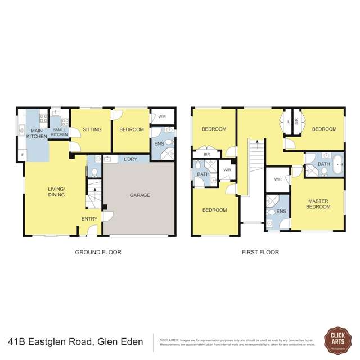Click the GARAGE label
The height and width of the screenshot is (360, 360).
pos(140,195)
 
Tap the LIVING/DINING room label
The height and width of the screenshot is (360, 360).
pos(56,192)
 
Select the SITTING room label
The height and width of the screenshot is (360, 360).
pos(92,129)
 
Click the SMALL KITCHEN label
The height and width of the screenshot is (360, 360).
pos(60,132)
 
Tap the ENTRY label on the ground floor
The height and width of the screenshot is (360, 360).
pos(89,219)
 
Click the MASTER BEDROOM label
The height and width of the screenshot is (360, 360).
pos(318,204)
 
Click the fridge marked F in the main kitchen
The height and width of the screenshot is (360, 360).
pos(22,155)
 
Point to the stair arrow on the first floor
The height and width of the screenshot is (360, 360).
pos(256,143)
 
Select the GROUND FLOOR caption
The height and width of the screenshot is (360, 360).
pos(98,252)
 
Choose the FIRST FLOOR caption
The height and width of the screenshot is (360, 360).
pos(260,252)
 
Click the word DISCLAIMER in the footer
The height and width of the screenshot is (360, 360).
pos(169,340)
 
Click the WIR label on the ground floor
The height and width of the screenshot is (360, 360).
pos(162,117)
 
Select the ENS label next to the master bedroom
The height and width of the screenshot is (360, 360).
pos(281,211)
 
